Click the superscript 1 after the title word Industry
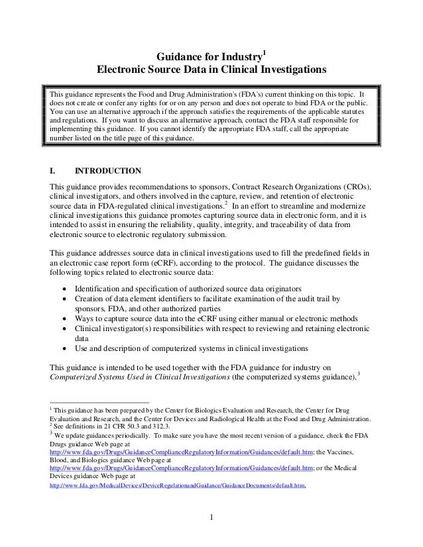265,52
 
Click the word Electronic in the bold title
121,70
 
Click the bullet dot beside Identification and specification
64,289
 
